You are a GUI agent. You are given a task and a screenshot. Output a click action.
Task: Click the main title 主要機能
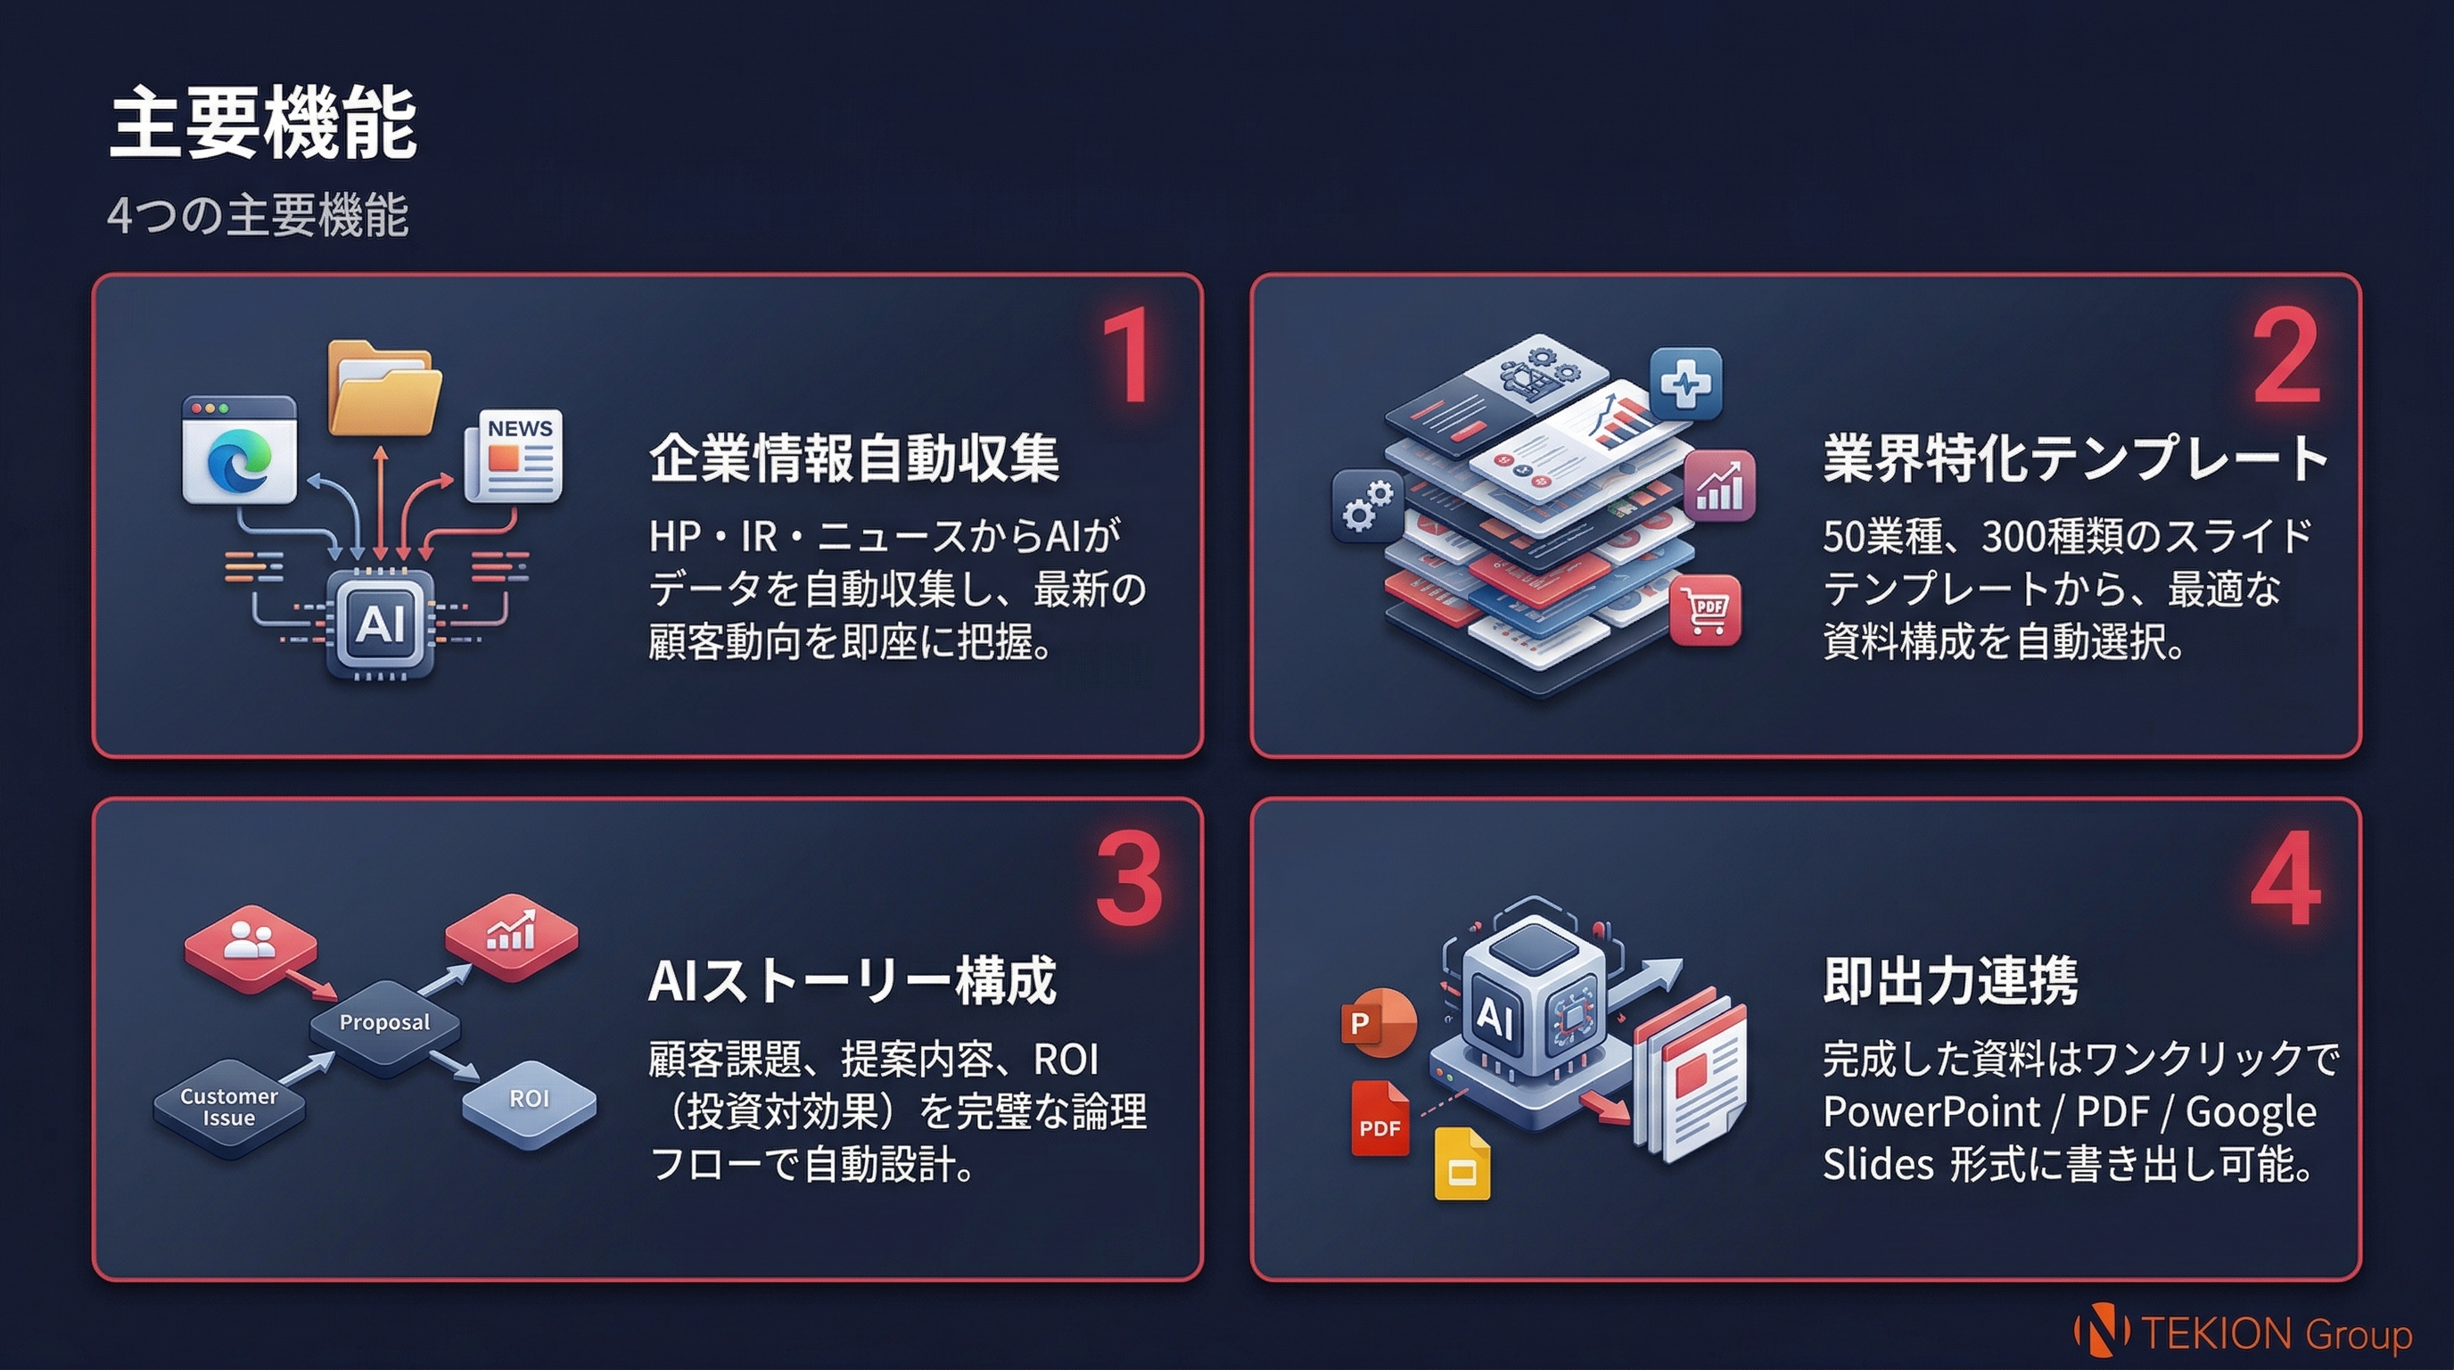tap(263, 124)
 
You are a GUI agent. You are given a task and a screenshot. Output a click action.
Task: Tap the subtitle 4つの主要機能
tap(257, 215)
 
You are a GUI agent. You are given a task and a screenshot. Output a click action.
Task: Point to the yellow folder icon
tap(384, 390)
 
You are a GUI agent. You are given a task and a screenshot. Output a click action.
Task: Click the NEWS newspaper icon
tap(515, 456)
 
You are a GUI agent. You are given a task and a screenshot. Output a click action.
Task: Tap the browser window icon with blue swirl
tap(239, 450)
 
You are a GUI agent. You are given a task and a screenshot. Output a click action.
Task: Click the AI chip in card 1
tap(380, 624)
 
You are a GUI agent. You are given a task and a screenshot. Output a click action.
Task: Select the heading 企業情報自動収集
tap(853, 458)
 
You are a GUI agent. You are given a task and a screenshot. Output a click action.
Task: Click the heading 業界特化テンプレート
tap(2075, 458)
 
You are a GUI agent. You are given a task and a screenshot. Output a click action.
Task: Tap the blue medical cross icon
tap(1685, 383)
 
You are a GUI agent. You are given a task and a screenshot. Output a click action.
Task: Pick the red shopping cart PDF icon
tap(1705, 611)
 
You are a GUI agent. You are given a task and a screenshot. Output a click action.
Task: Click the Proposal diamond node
tap(385, 1023)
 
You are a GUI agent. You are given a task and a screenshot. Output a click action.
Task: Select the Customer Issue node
tap(228, 1107)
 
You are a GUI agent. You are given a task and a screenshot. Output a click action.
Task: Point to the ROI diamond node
tap(530, 1100)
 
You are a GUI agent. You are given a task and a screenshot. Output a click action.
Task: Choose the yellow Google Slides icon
tap(1462, 1165)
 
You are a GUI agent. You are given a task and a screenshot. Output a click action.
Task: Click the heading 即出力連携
tap(1949, 980)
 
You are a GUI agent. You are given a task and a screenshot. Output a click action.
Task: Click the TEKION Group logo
tap(2244, 1332)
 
